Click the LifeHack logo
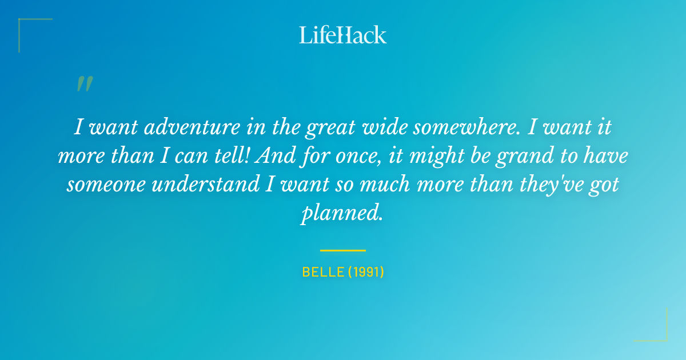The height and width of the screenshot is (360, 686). [x=343, y=35]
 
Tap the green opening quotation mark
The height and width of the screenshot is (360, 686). [x=84, y=84]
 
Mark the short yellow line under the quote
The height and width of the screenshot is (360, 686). [x=343, y=250]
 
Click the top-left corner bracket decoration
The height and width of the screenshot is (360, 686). [x=26, y=26]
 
